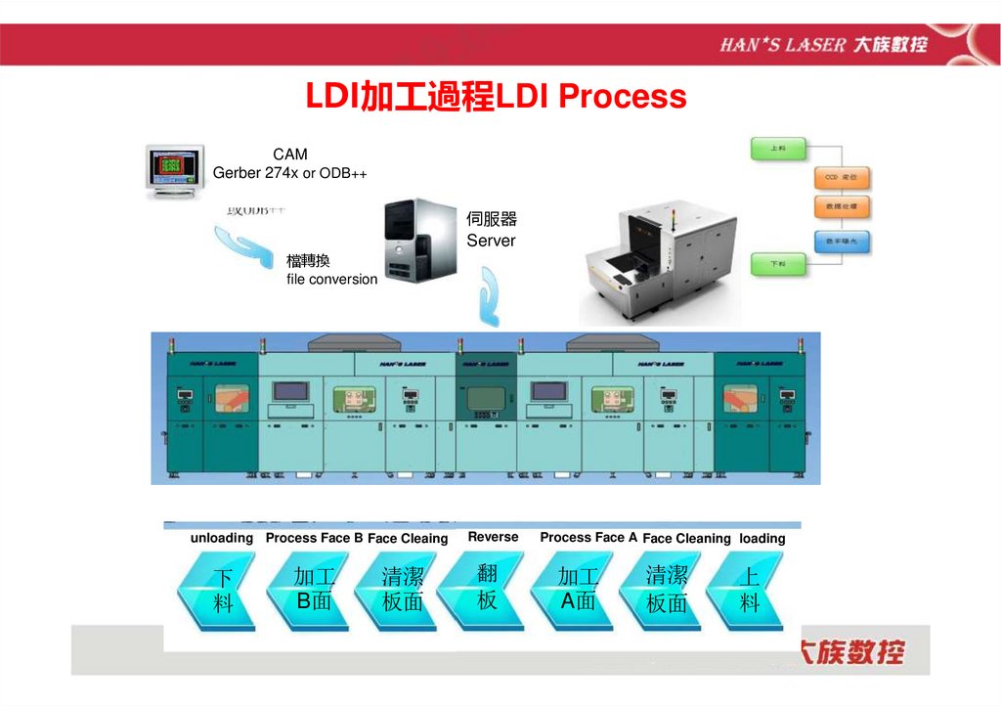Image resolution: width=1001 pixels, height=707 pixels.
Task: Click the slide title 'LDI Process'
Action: (x=496, y=97)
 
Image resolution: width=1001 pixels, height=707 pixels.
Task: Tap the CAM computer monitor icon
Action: (x=174, y=172)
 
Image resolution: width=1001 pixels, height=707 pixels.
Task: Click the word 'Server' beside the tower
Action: (x=491, y=241)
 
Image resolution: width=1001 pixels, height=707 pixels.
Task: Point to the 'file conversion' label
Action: (x=331, y=279)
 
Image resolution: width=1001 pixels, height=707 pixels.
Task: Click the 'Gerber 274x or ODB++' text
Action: (x=289, y=173)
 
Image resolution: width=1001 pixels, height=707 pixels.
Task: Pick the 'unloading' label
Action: (x=222, y=538)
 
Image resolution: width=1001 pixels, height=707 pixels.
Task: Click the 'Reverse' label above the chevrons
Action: (x=494, y=537)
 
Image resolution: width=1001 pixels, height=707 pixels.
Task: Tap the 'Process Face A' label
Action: (x=588, y=537)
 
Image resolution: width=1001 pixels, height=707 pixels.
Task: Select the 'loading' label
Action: (x=762, y=538)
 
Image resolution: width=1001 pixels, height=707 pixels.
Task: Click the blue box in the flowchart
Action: (x=842, y=241)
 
